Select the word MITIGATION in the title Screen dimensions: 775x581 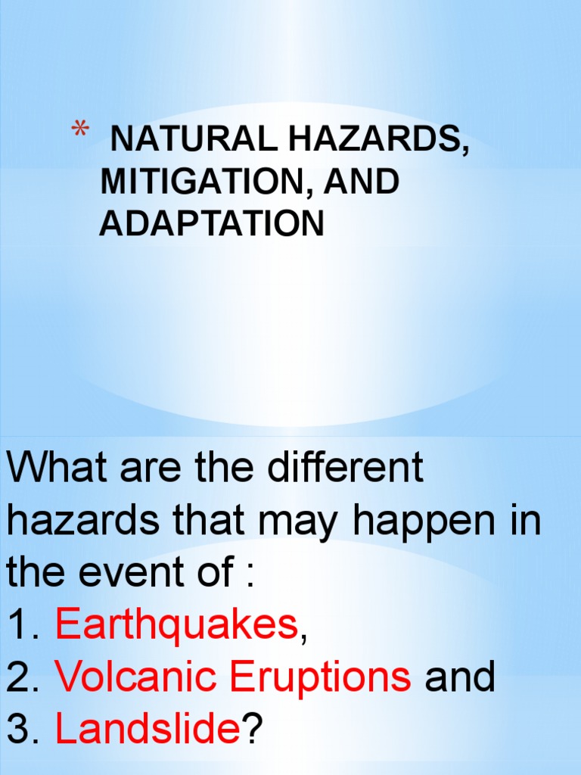(x=196, y=182)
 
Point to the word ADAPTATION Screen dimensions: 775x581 (x=211, y=224)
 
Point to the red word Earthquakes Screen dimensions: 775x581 (x=176, y=626)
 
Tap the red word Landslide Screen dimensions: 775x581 (x=148, y=730)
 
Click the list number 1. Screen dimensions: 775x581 (x=18, y=627)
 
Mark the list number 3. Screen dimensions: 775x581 (x=18, y=731)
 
